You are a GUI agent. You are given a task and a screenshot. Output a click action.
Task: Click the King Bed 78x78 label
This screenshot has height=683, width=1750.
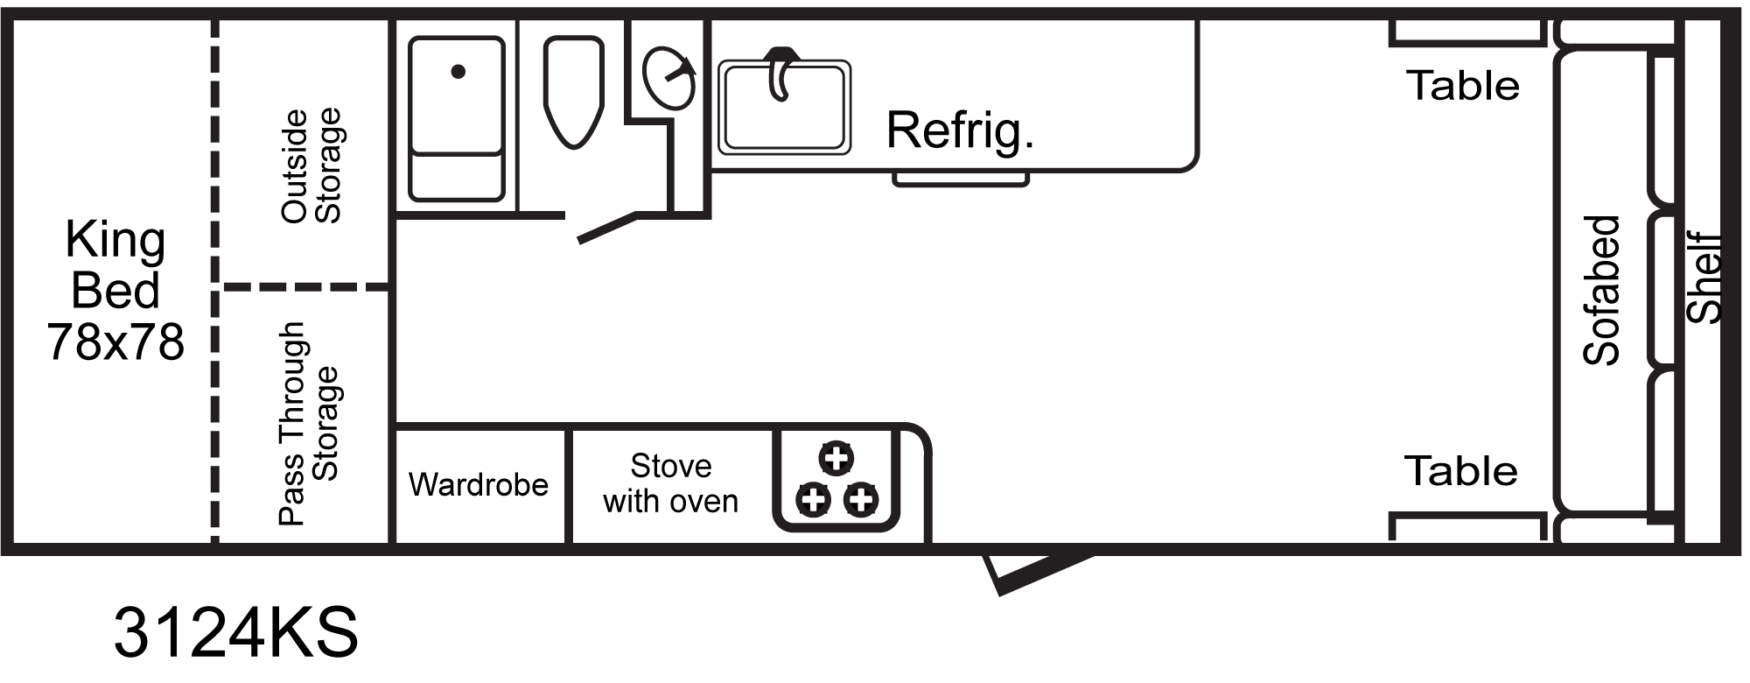115,291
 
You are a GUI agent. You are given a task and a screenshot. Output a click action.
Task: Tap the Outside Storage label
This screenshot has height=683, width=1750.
311,166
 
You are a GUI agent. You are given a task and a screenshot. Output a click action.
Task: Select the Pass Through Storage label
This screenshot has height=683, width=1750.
308,424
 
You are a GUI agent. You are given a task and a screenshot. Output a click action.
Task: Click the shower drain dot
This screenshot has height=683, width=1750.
458,72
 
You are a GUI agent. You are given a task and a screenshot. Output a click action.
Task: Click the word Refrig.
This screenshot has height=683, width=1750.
960,131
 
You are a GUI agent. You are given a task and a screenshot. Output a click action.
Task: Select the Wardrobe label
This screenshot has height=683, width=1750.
479,484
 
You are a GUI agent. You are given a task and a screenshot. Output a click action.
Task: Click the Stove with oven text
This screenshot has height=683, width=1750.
671,483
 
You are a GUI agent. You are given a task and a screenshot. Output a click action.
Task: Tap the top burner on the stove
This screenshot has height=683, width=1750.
836,457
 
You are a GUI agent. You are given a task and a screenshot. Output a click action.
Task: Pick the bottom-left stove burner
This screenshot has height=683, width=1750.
813,500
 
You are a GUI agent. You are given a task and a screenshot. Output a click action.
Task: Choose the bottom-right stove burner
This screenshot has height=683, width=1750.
861,500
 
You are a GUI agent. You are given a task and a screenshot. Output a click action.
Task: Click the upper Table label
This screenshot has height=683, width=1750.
1463,86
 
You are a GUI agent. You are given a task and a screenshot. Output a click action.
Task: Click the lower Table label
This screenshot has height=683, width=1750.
1461,471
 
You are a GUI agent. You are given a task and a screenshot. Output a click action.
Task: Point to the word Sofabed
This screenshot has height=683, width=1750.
1602,290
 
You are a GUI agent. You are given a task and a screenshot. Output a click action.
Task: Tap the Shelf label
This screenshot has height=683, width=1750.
1704,278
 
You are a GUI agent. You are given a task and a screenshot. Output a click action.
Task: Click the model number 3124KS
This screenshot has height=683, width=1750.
236,633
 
